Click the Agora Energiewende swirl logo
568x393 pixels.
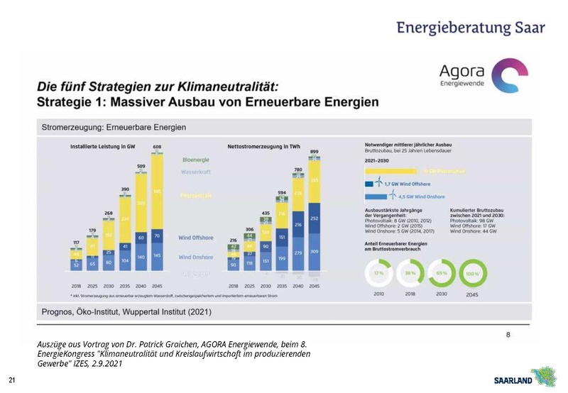point(510,76)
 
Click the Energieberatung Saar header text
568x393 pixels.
point(471,28)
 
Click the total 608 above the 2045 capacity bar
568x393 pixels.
point(157,147)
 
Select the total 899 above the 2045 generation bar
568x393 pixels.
point(314,151)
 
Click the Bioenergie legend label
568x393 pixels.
point(196,160)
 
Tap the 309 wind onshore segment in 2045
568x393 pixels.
point(314,252)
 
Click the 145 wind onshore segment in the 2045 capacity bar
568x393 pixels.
point(157,255)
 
